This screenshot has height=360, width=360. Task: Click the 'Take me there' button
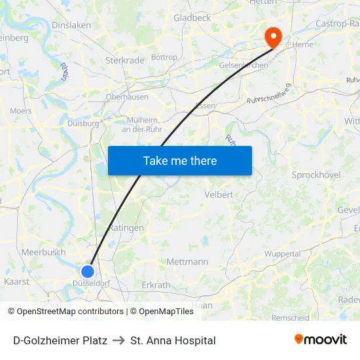(180, 160)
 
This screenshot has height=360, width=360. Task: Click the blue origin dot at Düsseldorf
(88, 271)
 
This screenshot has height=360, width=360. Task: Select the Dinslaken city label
(71, 25)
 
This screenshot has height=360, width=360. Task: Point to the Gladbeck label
(192, 18)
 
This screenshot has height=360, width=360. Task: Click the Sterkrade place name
(124, 60)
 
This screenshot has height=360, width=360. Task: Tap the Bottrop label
(164, 58)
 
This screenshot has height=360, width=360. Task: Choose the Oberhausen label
(127, 97)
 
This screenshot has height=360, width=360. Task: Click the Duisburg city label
(83, 122)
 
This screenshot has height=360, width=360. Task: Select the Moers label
(21, 111)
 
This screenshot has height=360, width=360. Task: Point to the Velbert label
(219, 194)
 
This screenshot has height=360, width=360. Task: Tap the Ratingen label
(126, 228)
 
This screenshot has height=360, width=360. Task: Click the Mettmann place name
(187, 262)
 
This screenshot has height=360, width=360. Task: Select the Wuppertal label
(282, 254)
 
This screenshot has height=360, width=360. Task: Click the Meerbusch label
(43, 252)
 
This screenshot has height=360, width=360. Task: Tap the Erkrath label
(156, 285)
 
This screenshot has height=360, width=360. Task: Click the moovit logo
(321, 340)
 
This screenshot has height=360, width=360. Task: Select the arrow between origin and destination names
(118, 340)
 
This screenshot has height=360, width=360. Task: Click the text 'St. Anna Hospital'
(173, 340)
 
